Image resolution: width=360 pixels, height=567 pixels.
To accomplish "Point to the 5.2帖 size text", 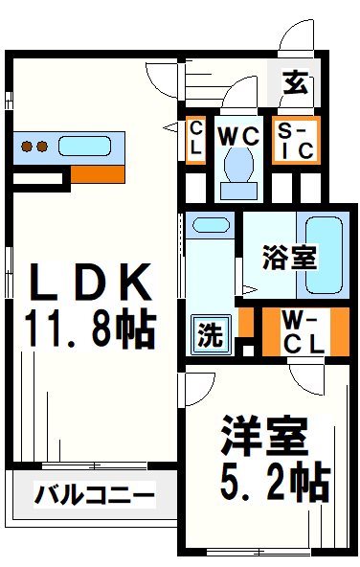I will pos(271,479).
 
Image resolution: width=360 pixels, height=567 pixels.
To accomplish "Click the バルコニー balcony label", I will pos(95,495).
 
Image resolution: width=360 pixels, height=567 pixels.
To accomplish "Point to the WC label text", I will pos(238,136).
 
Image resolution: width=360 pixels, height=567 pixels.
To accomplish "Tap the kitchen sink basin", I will pos(85,147).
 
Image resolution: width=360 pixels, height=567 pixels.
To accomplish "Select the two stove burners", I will pos(34,147).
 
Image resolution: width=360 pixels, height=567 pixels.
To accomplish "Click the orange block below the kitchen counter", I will pos(97,175).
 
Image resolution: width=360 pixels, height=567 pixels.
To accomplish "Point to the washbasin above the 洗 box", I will pos(211,227).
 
